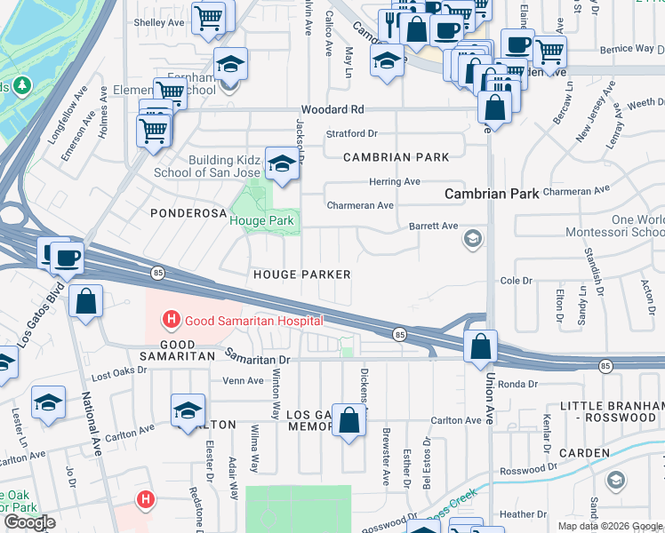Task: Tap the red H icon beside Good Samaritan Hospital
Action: [x=171, y=320]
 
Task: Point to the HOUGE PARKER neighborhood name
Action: [x=302, y=275]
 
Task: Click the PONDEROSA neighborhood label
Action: [x=184, y=213]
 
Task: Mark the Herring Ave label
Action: [x=395, y=181]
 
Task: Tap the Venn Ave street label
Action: [x=243, y=380]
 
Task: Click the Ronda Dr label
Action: [x=515, y=385]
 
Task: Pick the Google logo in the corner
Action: [x=29, y=522]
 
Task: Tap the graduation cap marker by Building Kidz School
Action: [x=282, y=164]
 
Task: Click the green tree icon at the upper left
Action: [x=21, y=86]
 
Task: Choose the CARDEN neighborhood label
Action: [x=586, y=453]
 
